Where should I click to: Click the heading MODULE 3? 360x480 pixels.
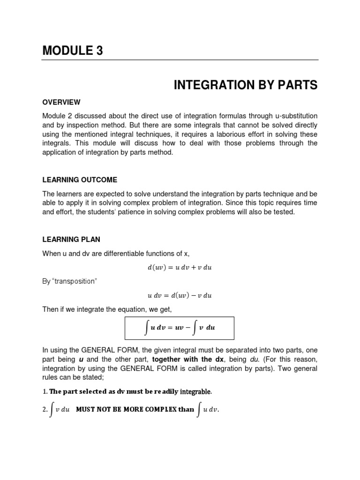click(x=73, y=51)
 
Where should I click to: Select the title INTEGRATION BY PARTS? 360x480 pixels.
click(x=246, y=85)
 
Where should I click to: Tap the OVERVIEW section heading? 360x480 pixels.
click(x=61, y=102)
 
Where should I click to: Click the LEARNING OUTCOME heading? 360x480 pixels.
click(x=80, y=180)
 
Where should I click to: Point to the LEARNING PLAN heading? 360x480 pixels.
click(x=71, y=240)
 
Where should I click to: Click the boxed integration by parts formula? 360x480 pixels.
click(x=180, y=328)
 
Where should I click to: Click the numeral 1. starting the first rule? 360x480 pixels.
click(x=45, y=391)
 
